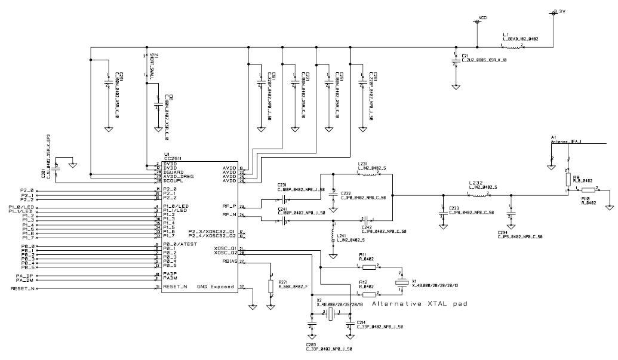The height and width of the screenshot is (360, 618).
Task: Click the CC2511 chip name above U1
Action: (174, 158)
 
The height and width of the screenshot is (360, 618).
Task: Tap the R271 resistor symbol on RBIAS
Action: (271, 286)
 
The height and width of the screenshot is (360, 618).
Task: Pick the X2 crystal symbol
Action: (330, 312)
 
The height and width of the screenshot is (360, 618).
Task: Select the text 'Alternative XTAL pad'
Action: (419, 304)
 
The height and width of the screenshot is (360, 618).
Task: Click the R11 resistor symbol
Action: (368, 267)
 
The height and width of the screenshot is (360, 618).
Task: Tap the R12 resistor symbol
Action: (368, 294)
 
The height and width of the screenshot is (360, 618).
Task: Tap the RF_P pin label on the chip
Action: (229, 206)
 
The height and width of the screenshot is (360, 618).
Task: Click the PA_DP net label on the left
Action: (24, 275)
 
